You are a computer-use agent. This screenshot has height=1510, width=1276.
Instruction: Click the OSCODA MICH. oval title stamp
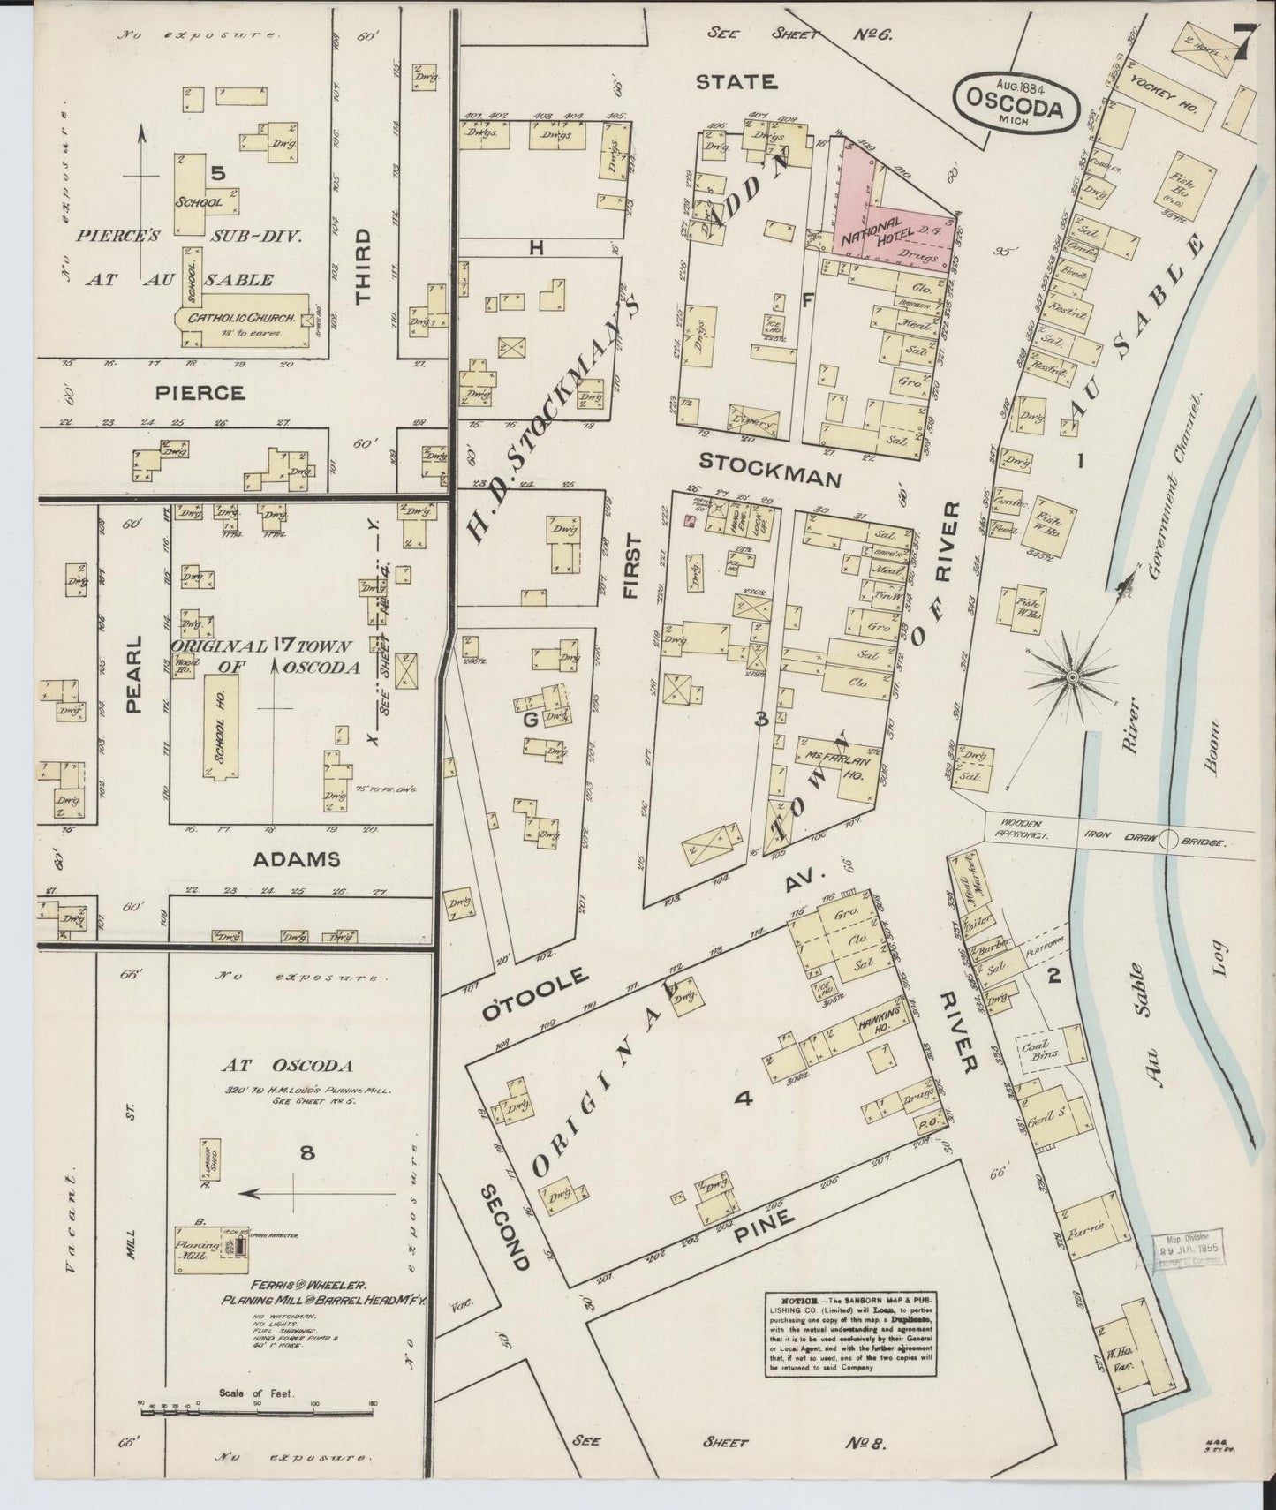(x=1017, y=102)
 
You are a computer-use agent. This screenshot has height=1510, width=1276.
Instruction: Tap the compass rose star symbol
(x=1071, y=677)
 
